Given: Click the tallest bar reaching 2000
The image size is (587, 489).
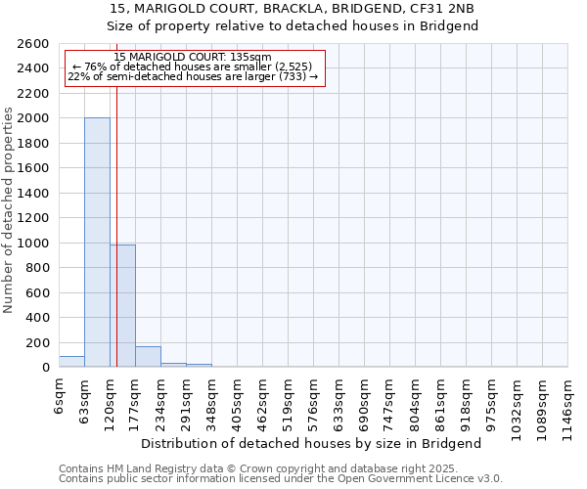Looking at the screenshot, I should click(97, 243).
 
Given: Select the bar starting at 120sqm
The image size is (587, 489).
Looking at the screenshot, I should click(122, 306).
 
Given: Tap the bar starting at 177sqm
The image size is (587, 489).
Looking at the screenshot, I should click(148, 357).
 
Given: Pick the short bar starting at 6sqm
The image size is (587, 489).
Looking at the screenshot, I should click(71, 362).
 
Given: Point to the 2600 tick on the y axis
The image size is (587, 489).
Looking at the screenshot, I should click(34, 44).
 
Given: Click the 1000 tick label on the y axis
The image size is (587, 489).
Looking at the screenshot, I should click(34, 243).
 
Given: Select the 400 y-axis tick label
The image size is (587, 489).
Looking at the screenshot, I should click(38, 318).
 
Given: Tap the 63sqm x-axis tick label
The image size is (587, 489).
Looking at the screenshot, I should click(85, 398).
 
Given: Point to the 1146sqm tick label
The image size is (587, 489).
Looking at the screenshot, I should click(568, 404).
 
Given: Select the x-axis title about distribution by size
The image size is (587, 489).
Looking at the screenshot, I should click(318, 443).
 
